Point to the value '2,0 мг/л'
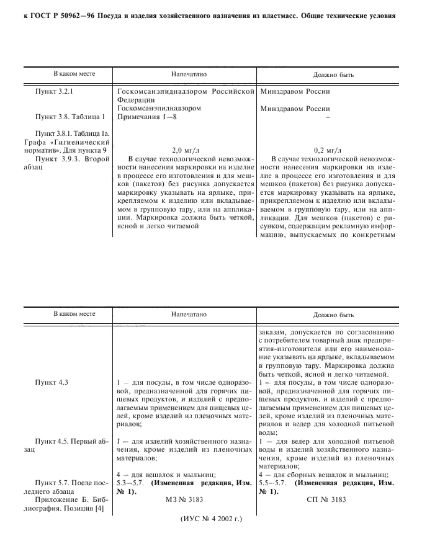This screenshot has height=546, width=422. click(184, 150)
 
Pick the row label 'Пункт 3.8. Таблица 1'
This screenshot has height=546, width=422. click(65, 116)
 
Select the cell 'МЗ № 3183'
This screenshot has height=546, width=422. click(184, 498)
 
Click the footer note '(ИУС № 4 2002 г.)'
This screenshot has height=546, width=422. click(211, 519)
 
